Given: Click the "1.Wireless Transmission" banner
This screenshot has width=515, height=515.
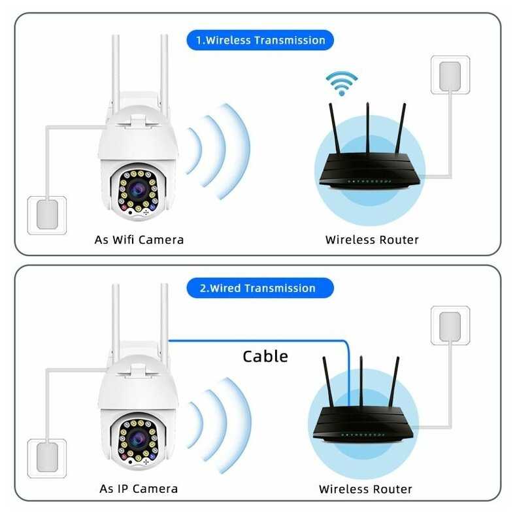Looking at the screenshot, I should pyautogui.click(x=260, y=40).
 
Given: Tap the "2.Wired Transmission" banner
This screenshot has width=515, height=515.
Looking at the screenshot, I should pyautogui.click(x=260, y=288).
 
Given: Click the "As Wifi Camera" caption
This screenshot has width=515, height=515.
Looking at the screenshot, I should pyautogui.click(x=139, y=240).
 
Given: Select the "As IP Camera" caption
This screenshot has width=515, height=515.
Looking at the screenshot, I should pyautogui.click(x=139, y=488).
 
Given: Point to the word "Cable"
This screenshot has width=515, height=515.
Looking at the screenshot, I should pyautogui.click(x=265, y=356).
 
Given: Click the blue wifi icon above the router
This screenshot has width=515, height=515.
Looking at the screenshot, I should pyautogui.click(x=342, y=82).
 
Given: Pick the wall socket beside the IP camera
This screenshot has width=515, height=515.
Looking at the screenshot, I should pyautogui.click(x=46, y=457).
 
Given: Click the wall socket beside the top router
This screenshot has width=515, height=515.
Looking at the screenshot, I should pyautogui.click(x=450, y=75).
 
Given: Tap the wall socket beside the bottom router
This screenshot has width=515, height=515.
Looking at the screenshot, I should pyautogui.click(x=450, y=327).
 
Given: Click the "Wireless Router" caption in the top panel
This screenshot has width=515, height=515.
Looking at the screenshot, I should pyautogui.click(x=372, y=240).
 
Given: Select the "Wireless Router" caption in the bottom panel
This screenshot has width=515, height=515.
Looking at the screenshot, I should pyautogui.click(x=365, y=488).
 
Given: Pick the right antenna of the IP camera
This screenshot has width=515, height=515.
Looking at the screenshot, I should pyautogui.click(x=163, y=320).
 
